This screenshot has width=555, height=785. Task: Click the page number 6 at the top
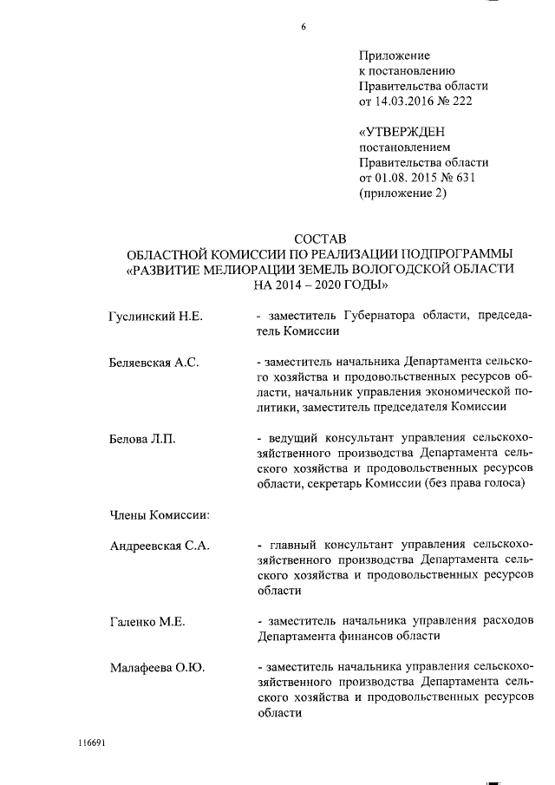[304, 27]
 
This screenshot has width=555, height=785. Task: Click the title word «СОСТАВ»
[320, 238]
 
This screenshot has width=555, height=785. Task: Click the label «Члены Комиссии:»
[161, 514]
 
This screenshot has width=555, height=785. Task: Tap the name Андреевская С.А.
[160, 546]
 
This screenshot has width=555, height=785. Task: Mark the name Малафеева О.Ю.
[156, 668]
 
